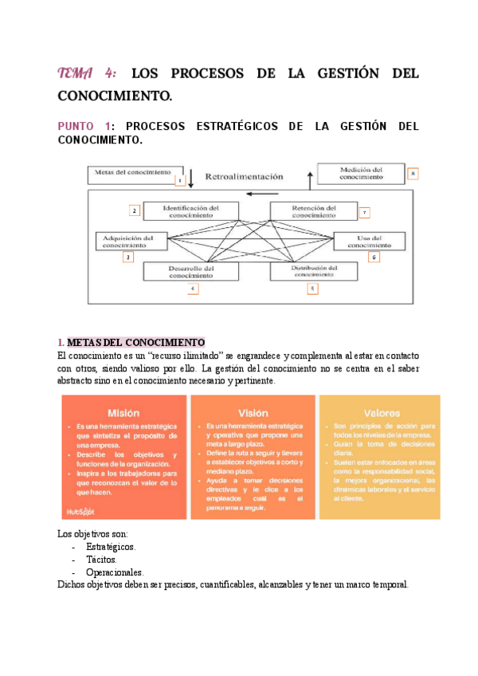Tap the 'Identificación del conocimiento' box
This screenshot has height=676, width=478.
pos(191,210)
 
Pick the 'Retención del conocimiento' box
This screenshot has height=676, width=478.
pos(313,210)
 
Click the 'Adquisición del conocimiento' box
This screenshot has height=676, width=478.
pos(129,241)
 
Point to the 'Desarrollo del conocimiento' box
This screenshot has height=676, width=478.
pos(191,272)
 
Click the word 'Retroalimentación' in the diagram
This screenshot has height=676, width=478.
pos(244,176)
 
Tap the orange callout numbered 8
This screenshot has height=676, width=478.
pos(413,173)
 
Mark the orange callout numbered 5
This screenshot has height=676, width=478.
pos(312,288)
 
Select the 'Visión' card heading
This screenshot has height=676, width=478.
pos(252,413)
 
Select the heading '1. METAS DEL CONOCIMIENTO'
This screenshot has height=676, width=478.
pos(131,342)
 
